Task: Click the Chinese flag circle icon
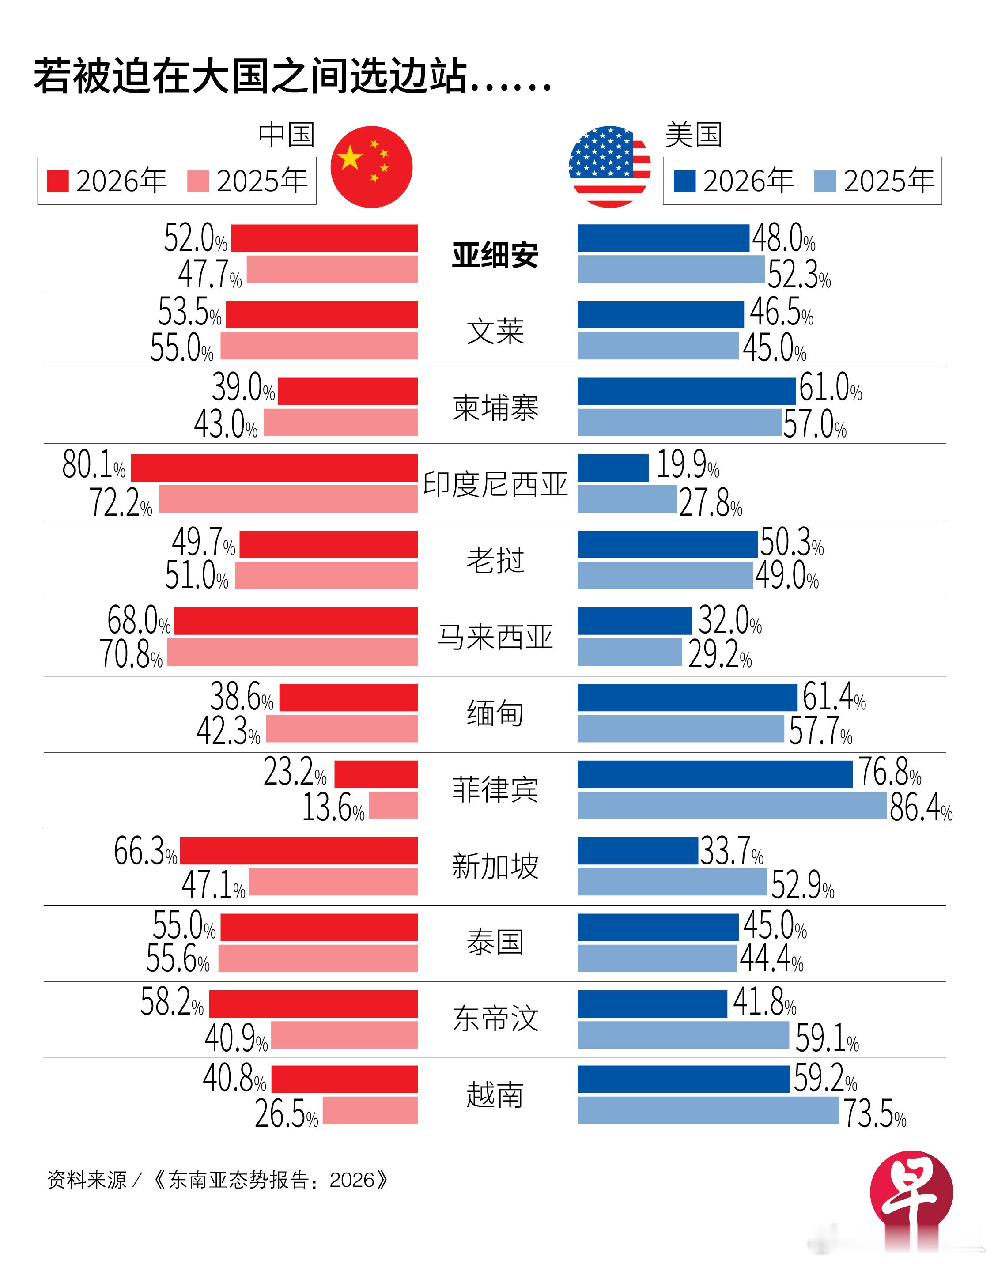(x=371, y=167)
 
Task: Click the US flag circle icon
(x=609, y=167)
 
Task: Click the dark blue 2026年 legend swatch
(x=684, y=181)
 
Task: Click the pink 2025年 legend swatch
(x=198, y=181)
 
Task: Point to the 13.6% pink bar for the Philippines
(x=393, y=805)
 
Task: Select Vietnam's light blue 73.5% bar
(x=708, y=1110)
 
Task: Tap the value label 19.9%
(x=687, y=465)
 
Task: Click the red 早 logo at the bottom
(x=911, y=1192)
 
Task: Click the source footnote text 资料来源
(x=87, y=1180)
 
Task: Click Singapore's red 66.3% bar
(x=299, y=850)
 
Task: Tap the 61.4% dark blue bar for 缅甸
(x=687, y=697)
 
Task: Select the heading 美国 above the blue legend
(x=693, y=135)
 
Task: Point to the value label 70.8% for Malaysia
(x=132, y=654)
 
